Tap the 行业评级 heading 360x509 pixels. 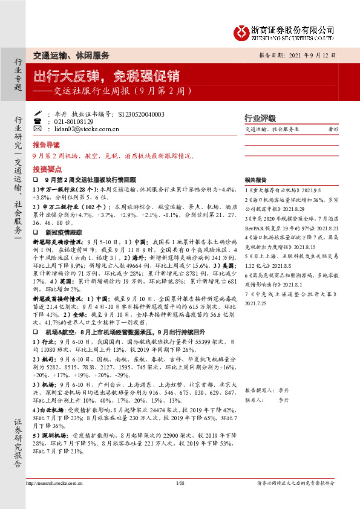click(260, 118)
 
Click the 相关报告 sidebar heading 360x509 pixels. click(255, 180)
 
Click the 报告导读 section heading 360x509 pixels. click(47, 146)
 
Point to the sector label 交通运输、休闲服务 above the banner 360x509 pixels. click(71, 55)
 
